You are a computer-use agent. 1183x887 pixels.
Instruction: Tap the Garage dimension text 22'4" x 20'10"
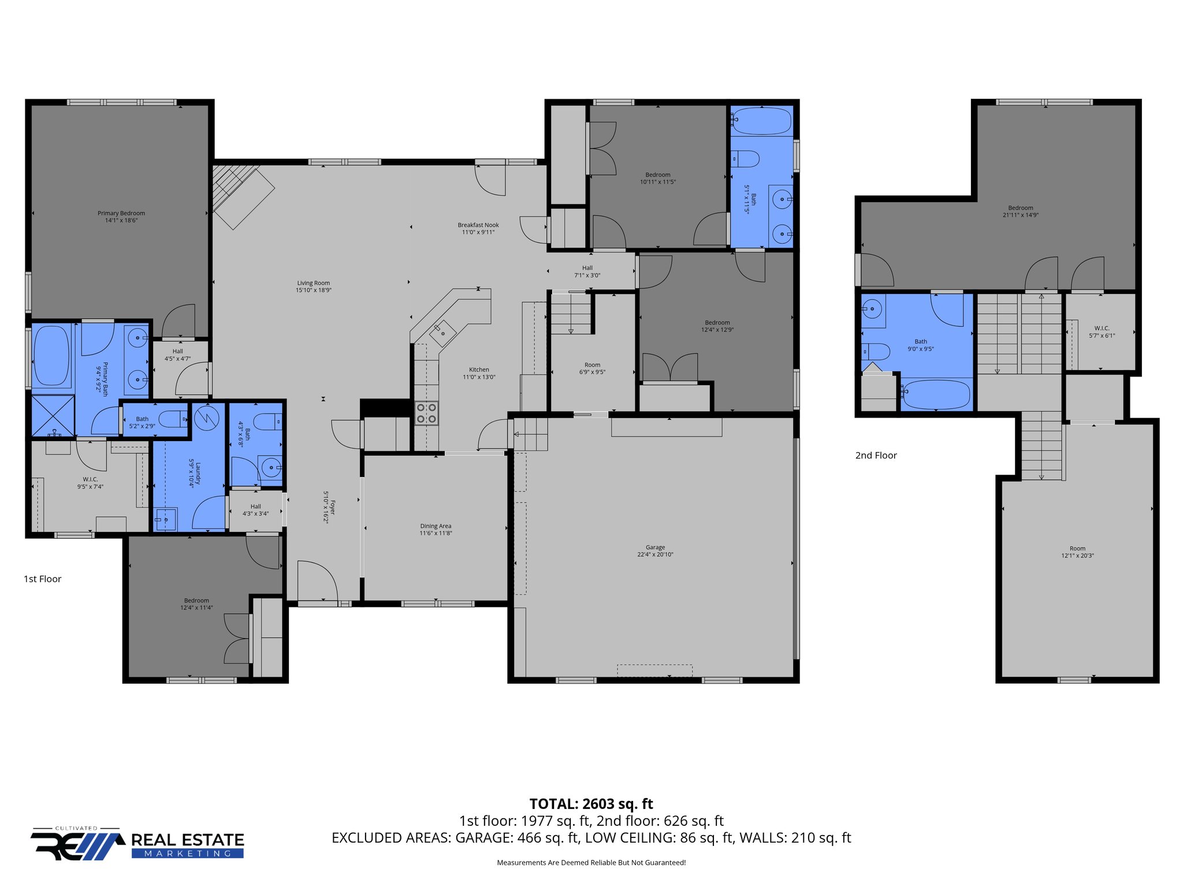655,554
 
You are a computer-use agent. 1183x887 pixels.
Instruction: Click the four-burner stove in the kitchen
426,413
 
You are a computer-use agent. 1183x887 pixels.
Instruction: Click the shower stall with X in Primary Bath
53,415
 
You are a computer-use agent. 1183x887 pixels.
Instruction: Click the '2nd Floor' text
876,456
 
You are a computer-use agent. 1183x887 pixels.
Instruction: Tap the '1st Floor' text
42,579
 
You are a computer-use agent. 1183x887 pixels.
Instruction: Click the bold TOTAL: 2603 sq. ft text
591,804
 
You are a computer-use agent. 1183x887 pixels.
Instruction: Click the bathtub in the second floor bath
935,394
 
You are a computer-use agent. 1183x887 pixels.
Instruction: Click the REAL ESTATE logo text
188,840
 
